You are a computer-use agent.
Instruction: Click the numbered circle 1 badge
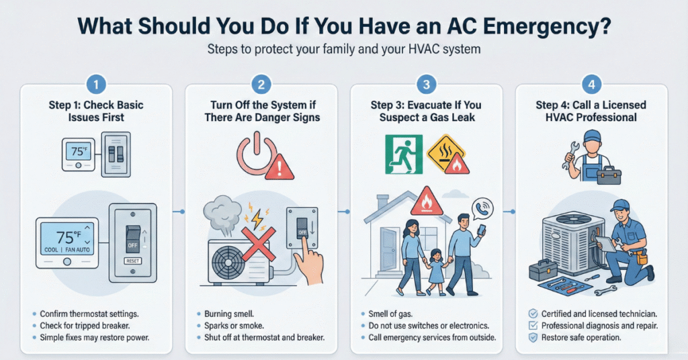point(96,84)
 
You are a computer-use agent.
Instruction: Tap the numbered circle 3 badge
point(426,84)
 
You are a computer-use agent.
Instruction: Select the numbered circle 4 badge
point(591,84)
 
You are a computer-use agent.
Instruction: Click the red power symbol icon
point(257,154)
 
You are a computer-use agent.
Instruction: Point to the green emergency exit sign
point(404,154)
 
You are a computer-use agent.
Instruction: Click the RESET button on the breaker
point(132,261)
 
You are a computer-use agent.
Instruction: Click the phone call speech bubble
point(482,209)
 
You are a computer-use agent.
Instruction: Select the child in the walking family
point(435,271)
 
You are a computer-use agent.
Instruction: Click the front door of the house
point(389,249)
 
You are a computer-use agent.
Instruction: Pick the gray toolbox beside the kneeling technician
point(543,270)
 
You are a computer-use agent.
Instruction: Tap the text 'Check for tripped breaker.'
point(85,326)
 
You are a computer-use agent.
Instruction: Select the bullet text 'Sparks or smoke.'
point(234,326)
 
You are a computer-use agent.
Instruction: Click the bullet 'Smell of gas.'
point(390,314)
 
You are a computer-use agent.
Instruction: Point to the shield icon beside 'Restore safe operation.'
point(533,338)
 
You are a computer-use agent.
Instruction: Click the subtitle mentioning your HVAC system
point(343,48)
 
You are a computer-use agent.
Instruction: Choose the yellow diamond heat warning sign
point(445,153)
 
